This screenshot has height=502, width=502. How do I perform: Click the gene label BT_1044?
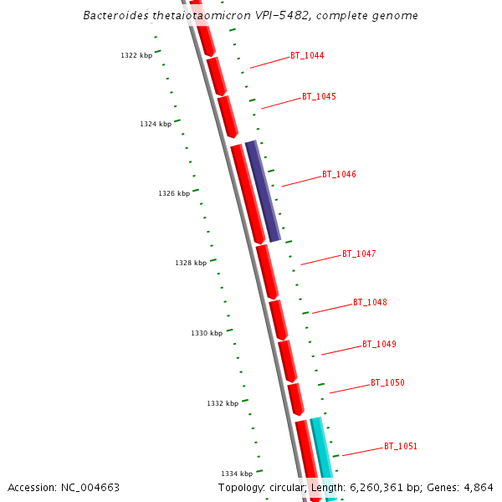click(307, 56)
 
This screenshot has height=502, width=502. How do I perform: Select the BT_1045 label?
click(319, 97)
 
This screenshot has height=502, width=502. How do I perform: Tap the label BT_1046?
click(339, 175)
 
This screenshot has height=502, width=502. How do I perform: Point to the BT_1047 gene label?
click(359, 254)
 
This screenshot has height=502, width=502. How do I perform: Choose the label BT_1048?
click(370, 302)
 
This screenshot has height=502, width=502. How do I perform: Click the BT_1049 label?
click(379, 344)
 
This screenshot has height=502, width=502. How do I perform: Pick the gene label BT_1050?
click(387, 382)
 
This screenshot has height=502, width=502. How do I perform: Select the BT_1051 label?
click(401, 446)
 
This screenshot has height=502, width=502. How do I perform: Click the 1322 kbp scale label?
click(136, 56)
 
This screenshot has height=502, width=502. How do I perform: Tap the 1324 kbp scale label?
click(156, 124)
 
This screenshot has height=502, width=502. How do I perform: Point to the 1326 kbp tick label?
click(174, 193)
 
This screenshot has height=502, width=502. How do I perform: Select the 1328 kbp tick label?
click(191, 263)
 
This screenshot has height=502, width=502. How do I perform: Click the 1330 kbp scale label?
click(207, 333)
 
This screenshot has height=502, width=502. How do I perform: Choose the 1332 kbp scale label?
click(223, 403)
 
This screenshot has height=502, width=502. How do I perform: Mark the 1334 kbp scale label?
click(237, 474)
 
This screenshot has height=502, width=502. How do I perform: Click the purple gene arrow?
click(263, 191)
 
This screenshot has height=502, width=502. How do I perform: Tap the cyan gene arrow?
click(322, 456)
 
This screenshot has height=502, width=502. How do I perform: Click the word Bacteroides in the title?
click(115, 16)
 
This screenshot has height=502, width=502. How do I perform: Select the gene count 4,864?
click(478, 487)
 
